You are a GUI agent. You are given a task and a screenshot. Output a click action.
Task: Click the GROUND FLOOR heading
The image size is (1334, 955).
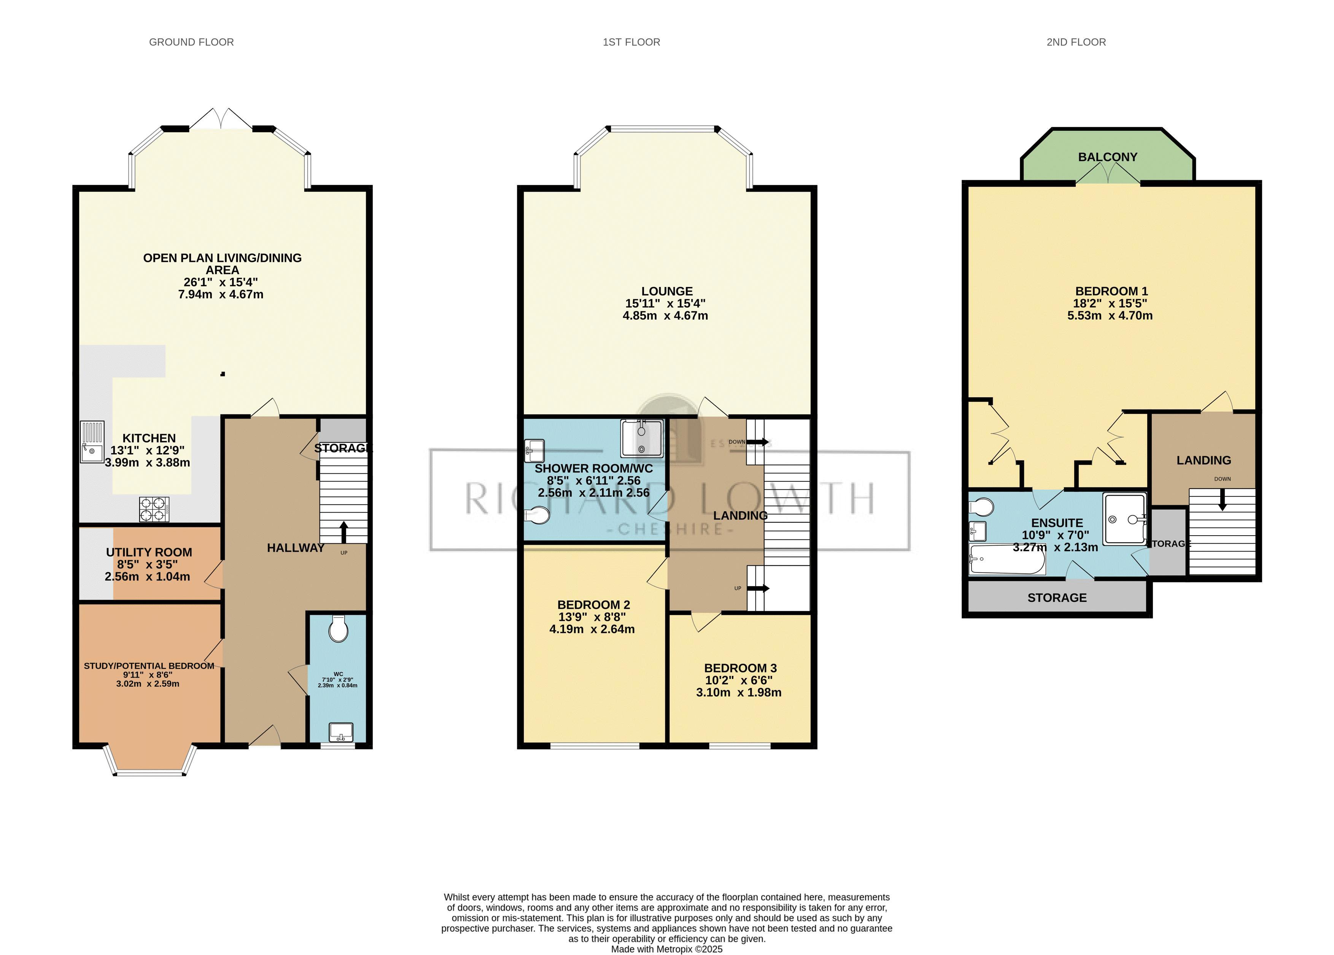(191, 42)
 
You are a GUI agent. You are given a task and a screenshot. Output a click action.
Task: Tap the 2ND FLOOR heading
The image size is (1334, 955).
(1076, 42)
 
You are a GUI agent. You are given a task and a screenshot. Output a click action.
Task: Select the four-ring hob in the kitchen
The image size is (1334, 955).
(154, 509)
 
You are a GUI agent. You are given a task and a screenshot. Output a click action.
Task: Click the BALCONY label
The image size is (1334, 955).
(1108, 157)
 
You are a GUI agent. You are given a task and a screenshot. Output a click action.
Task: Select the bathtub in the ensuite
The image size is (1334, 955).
(1006, 560)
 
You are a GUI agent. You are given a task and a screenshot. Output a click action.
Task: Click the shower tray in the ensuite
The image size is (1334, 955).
(1125, 518)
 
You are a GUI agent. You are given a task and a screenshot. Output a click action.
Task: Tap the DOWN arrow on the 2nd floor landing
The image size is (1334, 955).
(1222, 500)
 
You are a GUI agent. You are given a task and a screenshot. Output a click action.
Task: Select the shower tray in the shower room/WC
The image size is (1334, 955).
(642, 438)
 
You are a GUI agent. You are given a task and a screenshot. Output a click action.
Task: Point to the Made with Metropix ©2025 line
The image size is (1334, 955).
(666, 949)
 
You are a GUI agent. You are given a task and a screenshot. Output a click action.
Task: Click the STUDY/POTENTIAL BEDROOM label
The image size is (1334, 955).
(149, 666)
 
